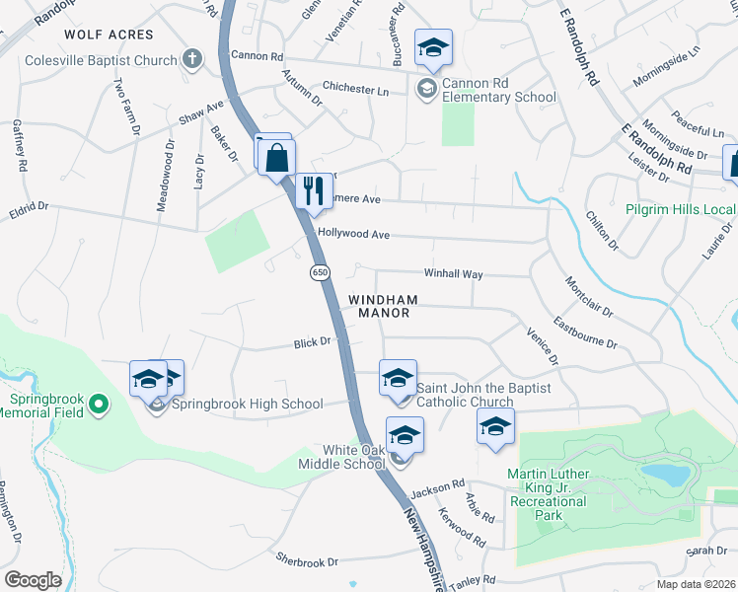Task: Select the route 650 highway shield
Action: pyautogui.click(x=320, y=272)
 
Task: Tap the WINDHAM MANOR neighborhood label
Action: pyautogui.click(x=382, y=306)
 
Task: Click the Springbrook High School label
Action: pyautogui.click(x=247, y=404)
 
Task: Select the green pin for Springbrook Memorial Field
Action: pyautogui.click(x=98, y=404)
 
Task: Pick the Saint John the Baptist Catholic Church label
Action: pyautogui.click(x=465, y=395)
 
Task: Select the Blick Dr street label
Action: pyautogui.click(x=311, y=343)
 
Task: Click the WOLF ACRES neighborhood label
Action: pyautogui.click(x=110, y=35)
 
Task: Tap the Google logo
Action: pyautogui.click(x=33, y=579)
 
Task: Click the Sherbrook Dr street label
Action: pyautogui.click(x=307, y=559)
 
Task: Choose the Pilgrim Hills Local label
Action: pyautogui.click(x=681, y=210)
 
